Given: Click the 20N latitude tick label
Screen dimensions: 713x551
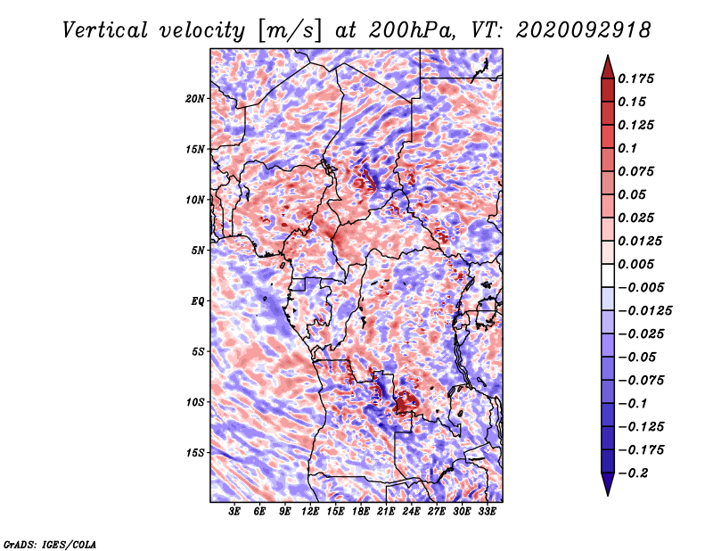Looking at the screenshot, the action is (195, 99).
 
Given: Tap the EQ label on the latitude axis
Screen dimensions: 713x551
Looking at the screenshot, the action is (198, 301).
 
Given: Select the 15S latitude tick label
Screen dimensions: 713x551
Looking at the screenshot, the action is (195, 453).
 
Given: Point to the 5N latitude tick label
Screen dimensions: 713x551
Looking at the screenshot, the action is (198, 251).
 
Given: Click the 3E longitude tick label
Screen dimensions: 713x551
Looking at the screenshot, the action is (234, 512).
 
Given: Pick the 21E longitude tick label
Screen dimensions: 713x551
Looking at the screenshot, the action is (386, 512).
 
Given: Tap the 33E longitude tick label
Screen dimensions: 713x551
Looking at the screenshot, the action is (487, 512).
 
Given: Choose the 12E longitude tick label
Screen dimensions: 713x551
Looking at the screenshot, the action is (309, 512).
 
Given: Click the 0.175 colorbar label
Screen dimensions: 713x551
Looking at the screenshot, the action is (635, 78).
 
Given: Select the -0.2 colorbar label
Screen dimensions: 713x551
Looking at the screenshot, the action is (633, 473).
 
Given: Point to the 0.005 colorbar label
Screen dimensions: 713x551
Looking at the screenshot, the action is (635, 264).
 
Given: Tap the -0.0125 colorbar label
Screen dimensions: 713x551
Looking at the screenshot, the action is (644, 311).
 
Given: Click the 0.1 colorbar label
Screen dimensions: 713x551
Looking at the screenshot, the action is (627, 148).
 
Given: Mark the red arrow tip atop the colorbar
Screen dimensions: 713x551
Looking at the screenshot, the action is (608, 55).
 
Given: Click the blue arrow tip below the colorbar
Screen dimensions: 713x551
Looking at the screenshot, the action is (608, 495).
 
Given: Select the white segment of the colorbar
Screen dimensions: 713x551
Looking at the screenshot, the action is (608, 275).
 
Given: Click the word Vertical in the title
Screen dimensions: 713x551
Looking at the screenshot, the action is (105, 30).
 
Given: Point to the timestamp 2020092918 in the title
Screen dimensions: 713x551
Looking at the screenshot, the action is (584, 30).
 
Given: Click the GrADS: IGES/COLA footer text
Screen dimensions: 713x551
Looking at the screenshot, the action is (50, 545).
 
